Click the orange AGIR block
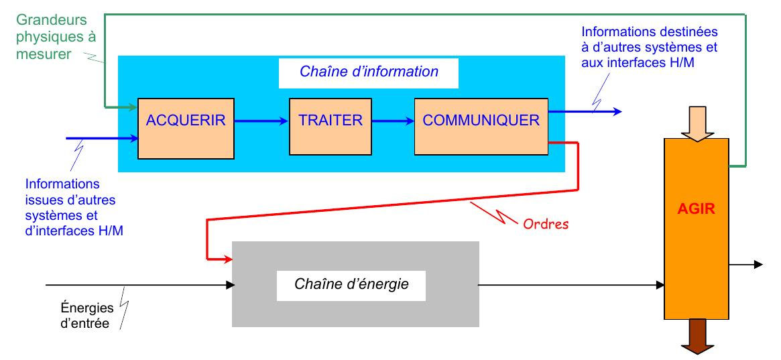click(696, 228)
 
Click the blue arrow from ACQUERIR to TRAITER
click(262, 122)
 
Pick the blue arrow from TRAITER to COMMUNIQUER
click(392, 122)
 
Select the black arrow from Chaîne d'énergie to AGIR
click(570, 284)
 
